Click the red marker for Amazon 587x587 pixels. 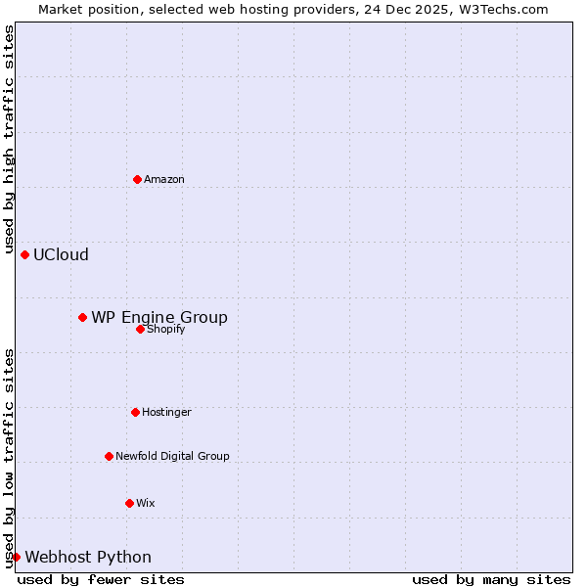coord(137,179)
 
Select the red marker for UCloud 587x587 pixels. coord(24,254)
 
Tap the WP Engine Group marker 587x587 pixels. coord(82,317)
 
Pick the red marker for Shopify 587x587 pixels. coord(140,329)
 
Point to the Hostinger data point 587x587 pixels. coord(135,412)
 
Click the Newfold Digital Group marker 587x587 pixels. coord(109,456)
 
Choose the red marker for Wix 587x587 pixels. coord(129,503)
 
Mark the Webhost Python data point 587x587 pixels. coord(16,557)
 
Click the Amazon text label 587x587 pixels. coord(164,179)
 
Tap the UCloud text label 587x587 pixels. coord(61,254)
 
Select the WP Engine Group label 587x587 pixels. coord(159,317)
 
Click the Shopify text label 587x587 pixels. coord(166,330)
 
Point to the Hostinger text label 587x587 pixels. coord(166,412)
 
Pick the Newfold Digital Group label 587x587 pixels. coord(172,456)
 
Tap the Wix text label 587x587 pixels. coord(145,503)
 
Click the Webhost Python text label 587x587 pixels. coord(88,557)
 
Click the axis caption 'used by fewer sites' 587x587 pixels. coord(101,579)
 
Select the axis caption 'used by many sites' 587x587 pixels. coord(491,579)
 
